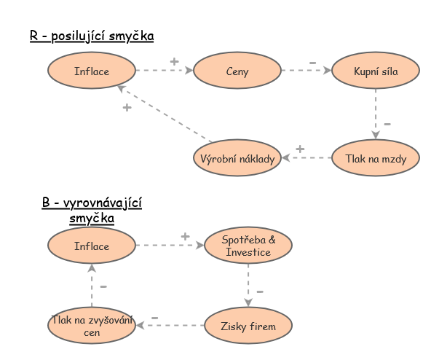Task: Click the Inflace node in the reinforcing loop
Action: coord(92,71)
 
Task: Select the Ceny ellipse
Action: coord(237,71)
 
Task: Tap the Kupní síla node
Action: coord(375,71)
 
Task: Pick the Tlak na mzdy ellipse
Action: coord(375,158)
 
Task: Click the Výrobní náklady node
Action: coord(237,158)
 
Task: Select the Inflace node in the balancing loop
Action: coord(92,246)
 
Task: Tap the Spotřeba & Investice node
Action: coord(248,246)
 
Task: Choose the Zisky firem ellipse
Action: coord(248,326)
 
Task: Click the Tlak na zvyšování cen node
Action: coord(92,326)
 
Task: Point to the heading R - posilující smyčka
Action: coord(92,36)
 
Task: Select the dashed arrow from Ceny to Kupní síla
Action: coord(306,71)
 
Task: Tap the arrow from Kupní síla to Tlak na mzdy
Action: coord(376,114)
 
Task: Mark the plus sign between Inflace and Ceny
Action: coord(174,61)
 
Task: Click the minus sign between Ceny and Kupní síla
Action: coord(313,63)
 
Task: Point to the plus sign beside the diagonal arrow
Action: coord(127,108)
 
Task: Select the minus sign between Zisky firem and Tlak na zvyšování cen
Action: coord(154,318)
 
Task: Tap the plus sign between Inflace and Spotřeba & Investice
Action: coord(185,236)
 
